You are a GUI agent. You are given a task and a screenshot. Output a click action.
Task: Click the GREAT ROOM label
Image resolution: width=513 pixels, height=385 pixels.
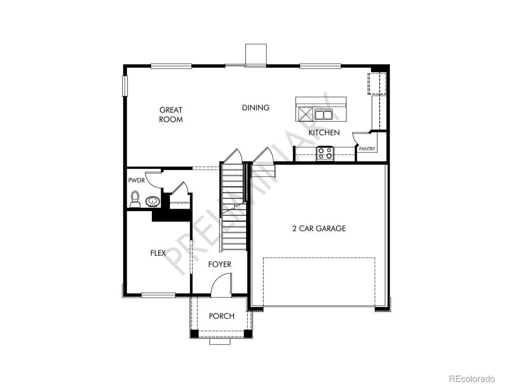171,115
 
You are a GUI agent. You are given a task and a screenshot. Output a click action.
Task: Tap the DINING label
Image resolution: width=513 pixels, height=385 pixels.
256,108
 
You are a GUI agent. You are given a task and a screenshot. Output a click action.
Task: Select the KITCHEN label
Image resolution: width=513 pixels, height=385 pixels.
324,133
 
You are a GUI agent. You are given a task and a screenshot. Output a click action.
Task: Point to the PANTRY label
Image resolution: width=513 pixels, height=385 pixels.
367,149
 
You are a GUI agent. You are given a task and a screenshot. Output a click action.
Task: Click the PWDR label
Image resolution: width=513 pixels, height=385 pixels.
137,180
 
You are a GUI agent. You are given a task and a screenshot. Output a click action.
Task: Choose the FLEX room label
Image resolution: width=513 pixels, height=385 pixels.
158,253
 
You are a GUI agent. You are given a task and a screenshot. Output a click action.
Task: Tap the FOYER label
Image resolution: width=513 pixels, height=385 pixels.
220,264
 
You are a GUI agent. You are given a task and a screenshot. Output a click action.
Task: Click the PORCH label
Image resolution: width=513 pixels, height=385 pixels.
222,316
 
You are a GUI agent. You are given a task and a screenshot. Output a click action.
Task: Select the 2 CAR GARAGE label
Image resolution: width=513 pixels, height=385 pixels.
319,228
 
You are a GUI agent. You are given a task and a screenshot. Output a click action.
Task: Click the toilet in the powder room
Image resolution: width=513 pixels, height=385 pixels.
135,199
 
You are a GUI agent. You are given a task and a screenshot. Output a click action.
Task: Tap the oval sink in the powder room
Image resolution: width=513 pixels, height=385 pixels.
153,201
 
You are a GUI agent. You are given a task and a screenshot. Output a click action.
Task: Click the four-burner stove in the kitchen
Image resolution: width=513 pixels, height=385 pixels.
325,153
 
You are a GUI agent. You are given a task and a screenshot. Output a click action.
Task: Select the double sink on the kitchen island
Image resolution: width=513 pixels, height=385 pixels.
323,115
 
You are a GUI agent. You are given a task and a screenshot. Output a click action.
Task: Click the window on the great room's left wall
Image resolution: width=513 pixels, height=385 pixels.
125,86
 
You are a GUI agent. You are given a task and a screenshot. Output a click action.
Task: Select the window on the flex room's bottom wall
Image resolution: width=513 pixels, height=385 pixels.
158,295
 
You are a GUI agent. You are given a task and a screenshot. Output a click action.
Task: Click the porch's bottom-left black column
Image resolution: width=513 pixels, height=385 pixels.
194,334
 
